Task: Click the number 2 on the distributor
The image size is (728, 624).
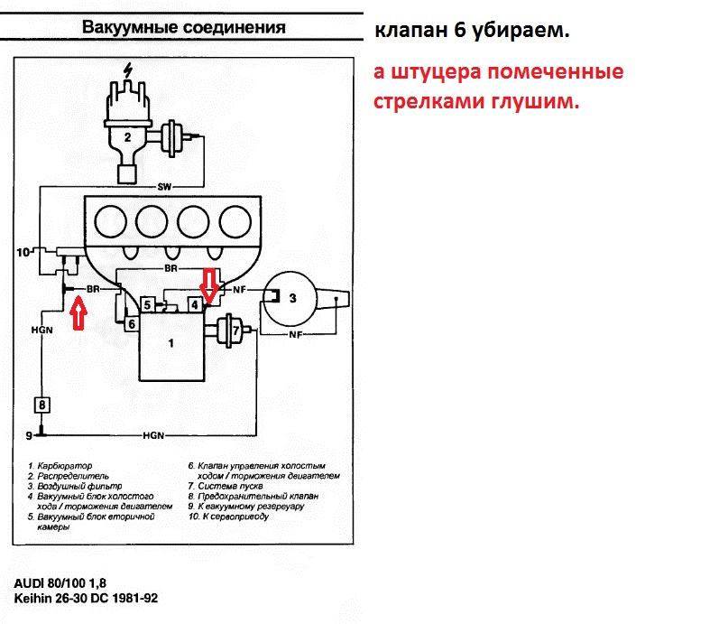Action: click(x=128, y=138)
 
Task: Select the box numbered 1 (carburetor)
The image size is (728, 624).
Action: click(x=170, y=344)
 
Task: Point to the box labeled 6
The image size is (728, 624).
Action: click(x=132, y=323)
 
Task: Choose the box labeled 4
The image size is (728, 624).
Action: click(x=194, y=304)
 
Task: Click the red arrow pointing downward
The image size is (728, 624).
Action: click(x=209, y=284)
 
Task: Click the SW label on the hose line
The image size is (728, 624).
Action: click(x=164, y=188)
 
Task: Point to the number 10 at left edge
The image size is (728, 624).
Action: click(x=22, y=250)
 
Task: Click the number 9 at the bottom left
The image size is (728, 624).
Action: click(x=29, y=435)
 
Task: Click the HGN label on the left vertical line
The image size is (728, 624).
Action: click(x=41, y=330)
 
